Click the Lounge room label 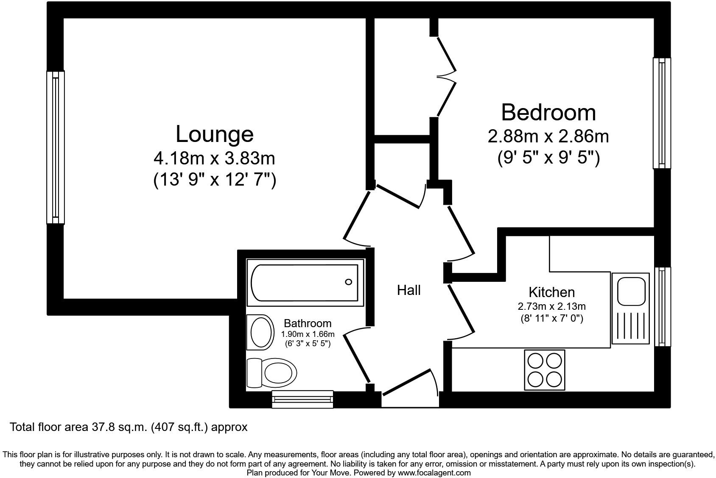(x=214, y=134)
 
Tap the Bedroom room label (x=548, y=112)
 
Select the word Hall (x=408, y=290)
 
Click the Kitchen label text (x=551, y=292)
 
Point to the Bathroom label (x=308, y=324)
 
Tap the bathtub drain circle (x=349, y=282)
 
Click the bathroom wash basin (x=260, y=333)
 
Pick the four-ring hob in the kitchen (x=545, y=370)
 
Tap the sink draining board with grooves (x=630, y=328)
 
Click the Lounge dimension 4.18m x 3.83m (x=214, y=158)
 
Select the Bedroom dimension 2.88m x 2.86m (x=548, y=136)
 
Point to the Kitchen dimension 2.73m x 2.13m (x=551, y=306)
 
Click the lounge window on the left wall (x=56, y=147)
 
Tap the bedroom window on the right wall (x=662, y=113)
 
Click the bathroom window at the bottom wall (x=302, y=399)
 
